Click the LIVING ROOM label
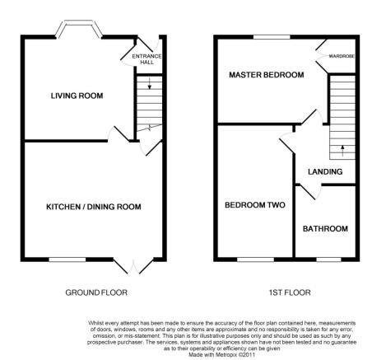(x=77, y=96)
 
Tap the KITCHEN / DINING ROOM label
(x=94, y=207)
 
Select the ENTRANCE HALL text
(x=146, y=59)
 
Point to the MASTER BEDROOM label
(x=267, y=75)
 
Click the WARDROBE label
(x=342, y=56)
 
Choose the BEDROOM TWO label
(x=255, y=205)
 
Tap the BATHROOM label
(x=325, y=229)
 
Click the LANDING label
(x=325, y=171)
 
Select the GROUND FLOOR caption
(x=96, y=292)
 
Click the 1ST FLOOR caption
(x=290, y=292)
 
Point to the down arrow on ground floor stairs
(x=150, y=83)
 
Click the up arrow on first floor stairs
(x=342, y=151)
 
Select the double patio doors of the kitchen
(x=133, y=266)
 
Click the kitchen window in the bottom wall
(x=67, y=259)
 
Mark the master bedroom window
(x=272, y=37)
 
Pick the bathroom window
(x=328, y=259)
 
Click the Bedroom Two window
(x=255, y=259)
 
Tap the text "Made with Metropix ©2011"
(x=222, y=355)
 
